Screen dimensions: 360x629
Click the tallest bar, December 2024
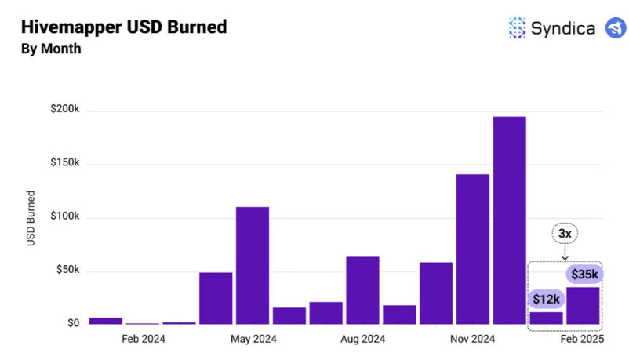pos(509,220)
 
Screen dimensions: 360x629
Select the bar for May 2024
pos(253,265)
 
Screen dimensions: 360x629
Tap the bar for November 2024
pos(472,249)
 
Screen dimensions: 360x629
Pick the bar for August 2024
pos(362,289)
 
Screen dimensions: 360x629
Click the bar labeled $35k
pos(583,306)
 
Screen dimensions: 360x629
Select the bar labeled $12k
pos(547,318)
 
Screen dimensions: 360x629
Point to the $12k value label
pos(547,299)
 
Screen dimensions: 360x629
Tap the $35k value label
pos(583,274)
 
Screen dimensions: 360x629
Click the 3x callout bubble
pos(565,234)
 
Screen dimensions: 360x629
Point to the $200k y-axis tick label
pos(65,110)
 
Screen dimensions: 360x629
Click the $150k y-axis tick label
pos(65,163)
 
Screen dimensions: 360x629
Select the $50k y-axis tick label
pos(67,270)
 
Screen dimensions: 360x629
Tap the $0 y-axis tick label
pos(73,323)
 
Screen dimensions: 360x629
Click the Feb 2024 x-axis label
pos(143,340)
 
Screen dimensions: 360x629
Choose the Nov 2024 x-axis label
pos(472,340)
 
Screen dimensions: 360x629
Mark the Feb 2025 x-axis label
pos(582,340)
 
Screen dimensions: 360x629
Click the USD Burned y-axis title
pos(31,218)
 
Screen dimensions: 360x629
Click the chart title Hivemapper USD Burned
pos(124,27)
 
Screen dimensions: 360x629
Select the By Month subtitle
pos(51,49)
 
